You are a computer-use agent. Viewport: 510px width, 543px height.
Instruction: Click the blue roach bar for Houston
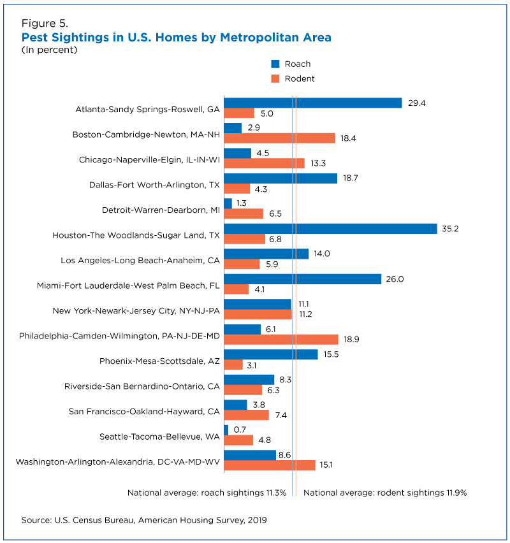[x=330, y=229]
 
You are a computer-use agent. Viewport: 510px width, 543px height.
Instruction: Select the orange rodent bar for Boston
[x=280, y=138]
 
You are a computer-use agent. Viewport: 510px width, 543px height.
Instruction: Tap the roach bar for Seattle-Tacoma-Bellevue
[x=226, y=430]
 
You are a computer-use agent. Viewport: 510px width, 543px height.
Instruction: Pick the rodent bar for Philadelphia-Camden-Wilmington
[x=281, y=339]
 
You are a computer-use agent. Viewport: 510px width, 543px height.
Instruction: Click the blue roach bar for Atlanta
[x=313, y=103]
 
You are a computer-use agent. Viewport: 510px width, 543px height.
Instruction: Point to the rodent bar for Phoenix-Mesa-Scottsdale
[x=233, y=365]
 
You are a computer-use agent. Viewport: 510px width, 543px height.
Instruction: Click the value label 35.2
[x=450, y=229]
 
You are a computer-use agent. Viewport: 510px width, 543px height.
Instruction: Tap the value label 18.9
[x=351, y=339]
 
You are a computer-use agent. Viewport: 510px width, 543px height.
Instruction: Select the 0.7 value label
[x=240, y=430]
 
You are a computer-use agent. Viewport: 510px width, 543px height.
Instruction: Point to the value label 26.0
[x=395, y=279]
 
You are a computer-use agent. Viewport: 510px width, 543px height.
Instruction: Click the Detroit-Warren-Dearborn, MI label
[x=161, y=210]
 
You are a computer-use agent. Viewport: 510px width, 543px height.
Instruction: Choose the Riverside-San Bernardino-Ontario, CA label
[x=142, y=386]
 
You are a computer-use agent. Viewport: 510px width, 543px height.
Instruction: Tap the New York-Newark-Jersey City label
[x=136, y=311]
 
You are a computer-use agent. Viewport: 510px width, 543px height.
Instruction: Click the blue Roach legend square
[x=275, y=64]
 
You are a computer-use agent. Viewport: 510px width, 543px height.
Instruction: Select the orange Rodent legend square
[x=275, y=78]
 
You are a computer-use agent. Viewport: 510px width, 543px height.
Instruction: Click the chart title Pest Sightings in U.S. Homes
[x=177, y=38]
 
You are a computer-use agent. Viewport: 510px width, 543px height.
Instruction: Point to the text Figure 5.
[x=45, y=23]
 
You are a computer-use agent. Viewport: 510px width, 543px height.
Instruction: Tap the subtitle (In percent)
[x=49, y=50]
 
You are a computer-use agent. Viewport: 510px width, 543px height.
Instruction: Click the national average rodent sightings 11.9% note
[x=385, y=493]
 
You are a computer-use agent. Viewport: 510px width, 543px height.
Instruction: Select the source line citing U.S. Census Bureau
[x=144, y=520]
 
